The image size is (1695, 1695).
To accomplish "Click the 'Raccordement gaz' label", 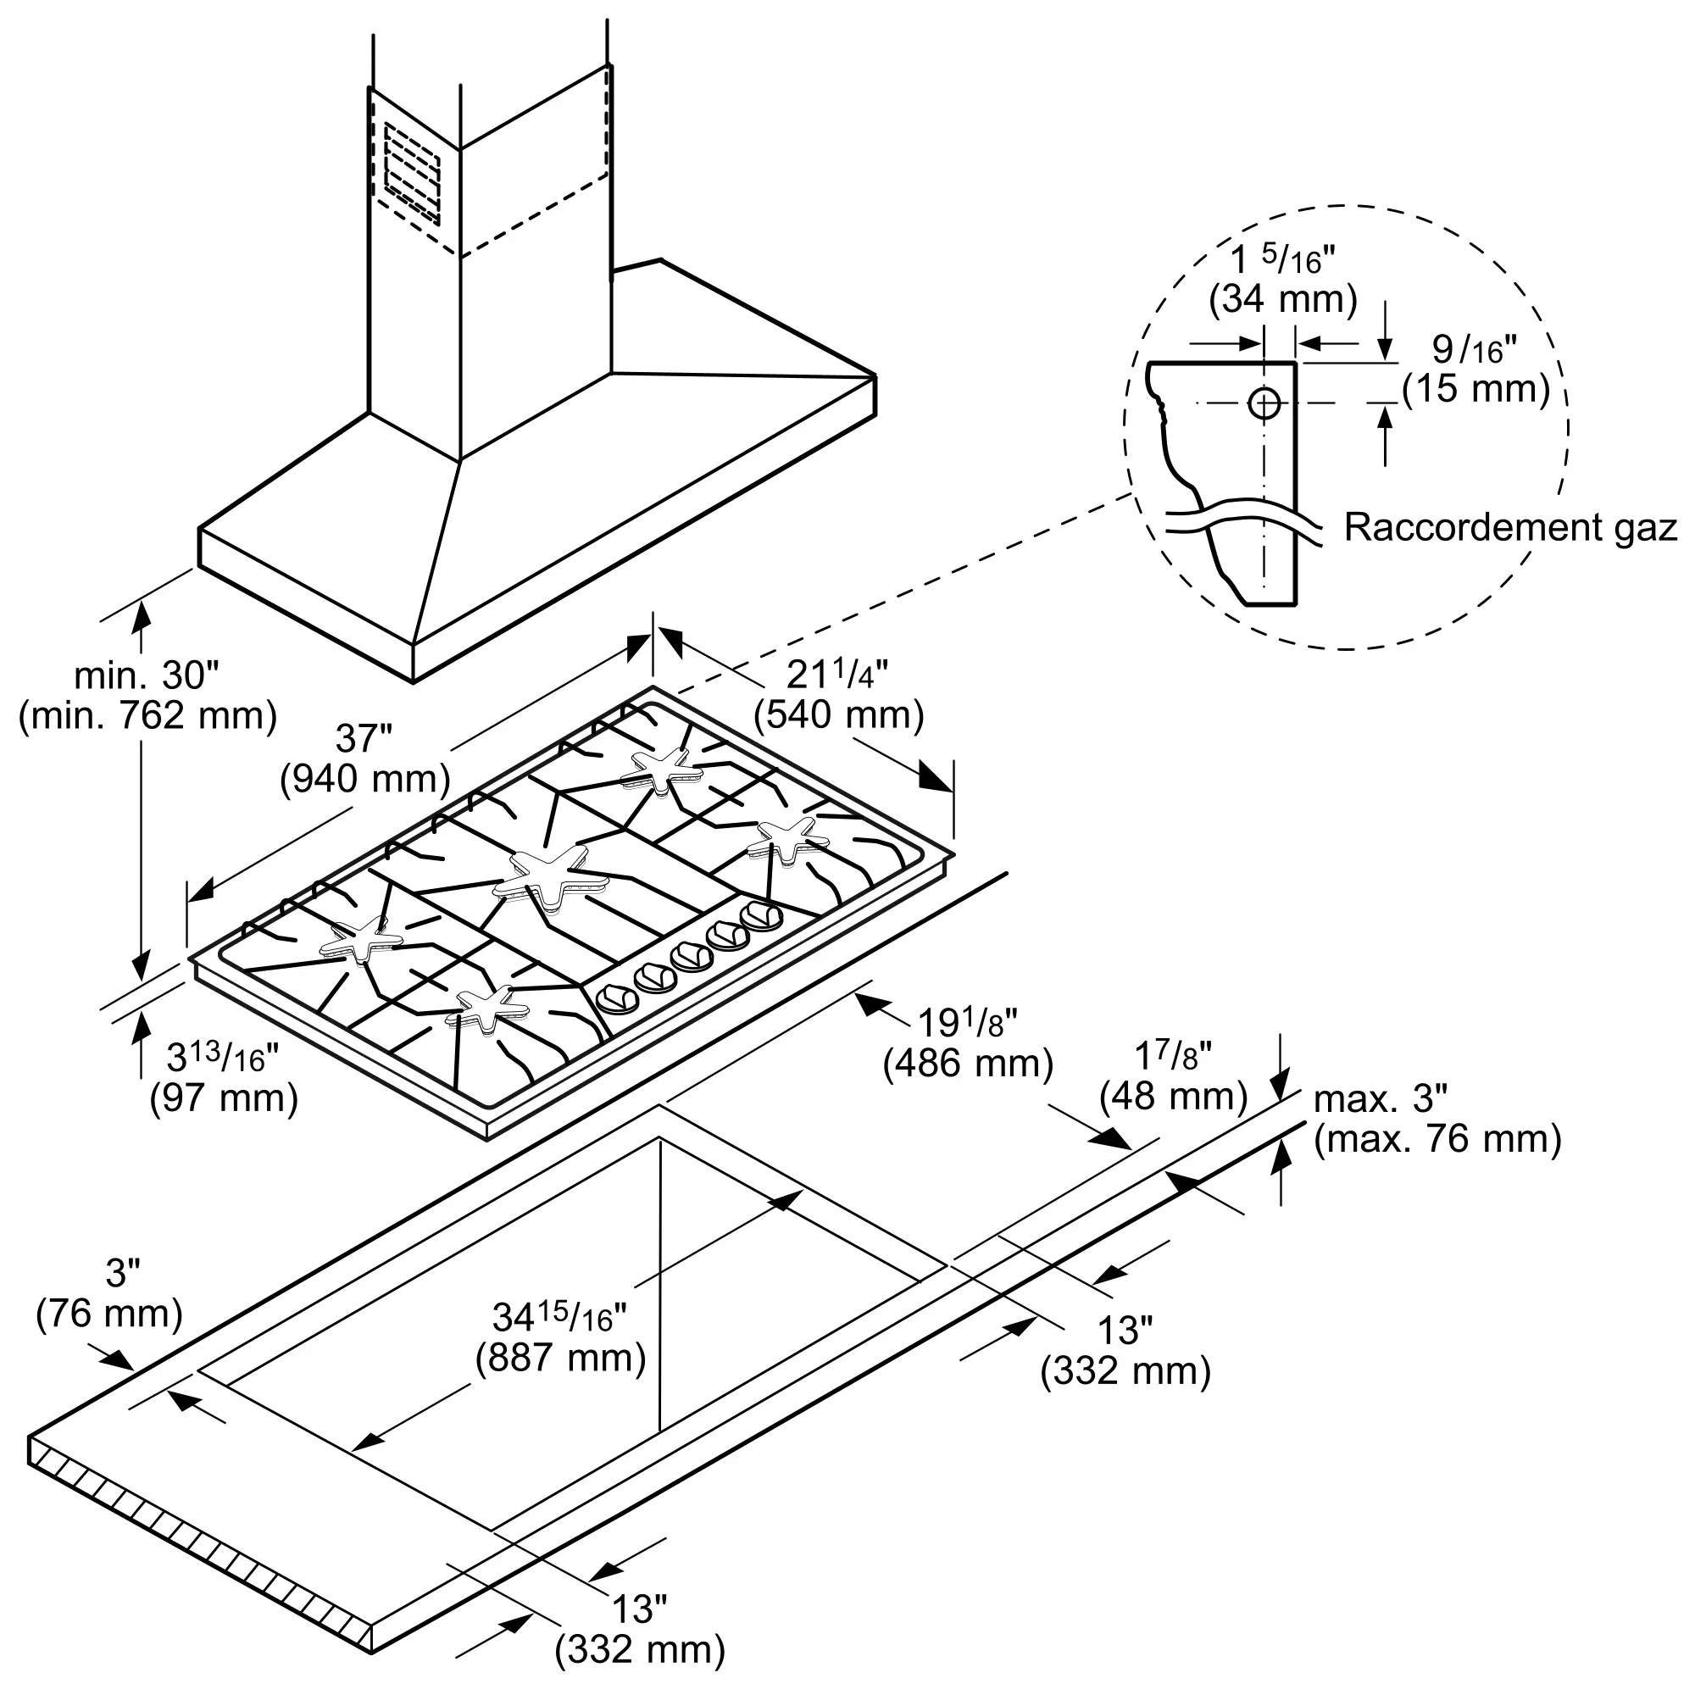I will [x=1510, y=528].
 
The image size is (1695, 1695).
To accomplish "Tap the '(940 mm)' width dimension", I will [x=365, y=779].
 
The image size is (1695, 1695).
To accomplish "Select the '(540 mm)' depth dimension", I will [x=839, y=716].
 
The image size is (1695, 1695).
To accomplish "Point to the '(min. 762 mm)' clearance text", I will [x=147, y=716].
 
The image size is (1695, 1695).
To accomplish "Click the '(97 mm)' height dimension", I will [x=224, y=1098].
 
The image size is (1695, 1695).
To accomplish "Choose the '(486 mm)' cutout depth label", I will [x=968, y=1064].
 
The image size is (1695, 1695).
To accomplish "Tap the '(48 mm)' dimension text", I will [x=1173, y=1096].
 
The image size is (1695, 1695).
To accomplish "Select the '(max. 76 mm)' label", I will [x=1437, y=1139].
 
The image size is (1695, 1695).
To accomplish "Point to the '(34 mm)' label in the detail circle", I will [x=1282, y=299].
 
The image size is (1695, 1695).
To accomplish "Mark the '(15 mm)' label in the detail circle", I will [x=1475, y=388].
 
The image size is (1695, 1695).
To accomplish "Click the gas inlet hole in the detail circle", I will [x=1264, y=403].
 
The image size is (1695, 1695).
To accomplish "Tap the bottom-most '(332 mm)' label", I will [x=640, y=1649].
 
